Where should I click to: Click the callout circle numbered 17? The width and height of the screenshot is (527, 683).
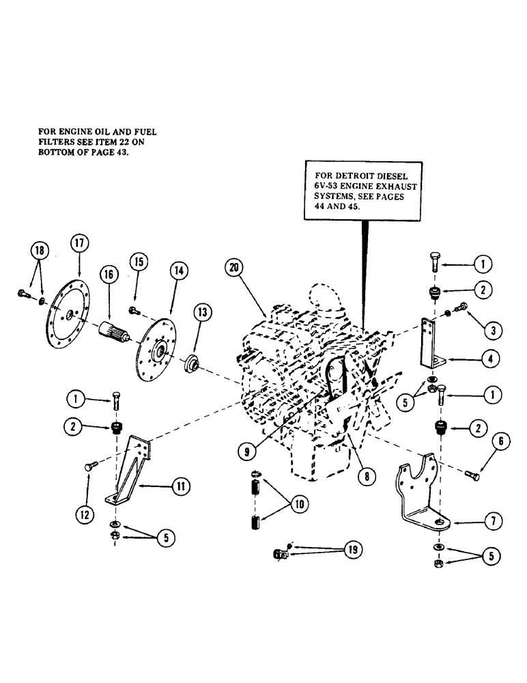[78, 243]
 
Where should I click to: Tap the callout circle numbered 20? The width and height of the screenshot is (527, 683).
[234, 268]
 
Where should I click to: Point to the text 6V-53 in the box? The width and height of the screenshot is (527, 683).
[329, 185]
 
